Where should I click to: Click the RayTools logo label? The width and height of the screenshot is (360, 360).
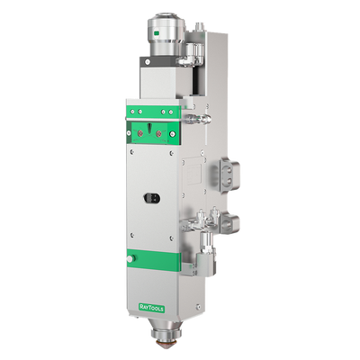[x=151, y=307]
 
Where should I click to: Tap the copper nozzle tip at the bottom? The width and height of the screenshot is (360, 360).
[x=165, y=342]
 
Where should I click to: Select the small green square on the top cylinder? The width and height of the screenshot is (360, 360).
[x=156, y=33]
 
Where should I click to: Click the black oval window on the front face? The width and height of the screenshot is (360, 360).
[x=152, y=198]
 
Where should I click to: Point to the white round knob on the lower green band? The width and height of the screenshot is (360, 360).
[x=130, y=258]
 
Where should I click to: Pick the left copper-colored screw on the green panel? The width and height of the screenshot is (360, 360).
[x=140, y=132]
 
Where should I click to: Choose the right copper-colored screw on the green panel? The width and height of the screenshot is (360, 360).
[x=159, y=132]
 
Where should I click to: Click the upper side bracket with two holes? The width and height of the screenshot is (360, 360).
[x=229, y=175]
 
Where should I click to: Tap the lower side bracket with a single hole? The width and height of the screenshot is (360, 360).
[x=229, y=222]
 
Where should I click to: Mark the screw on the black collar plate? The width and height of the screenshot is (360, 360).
[x=148, y=62]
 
